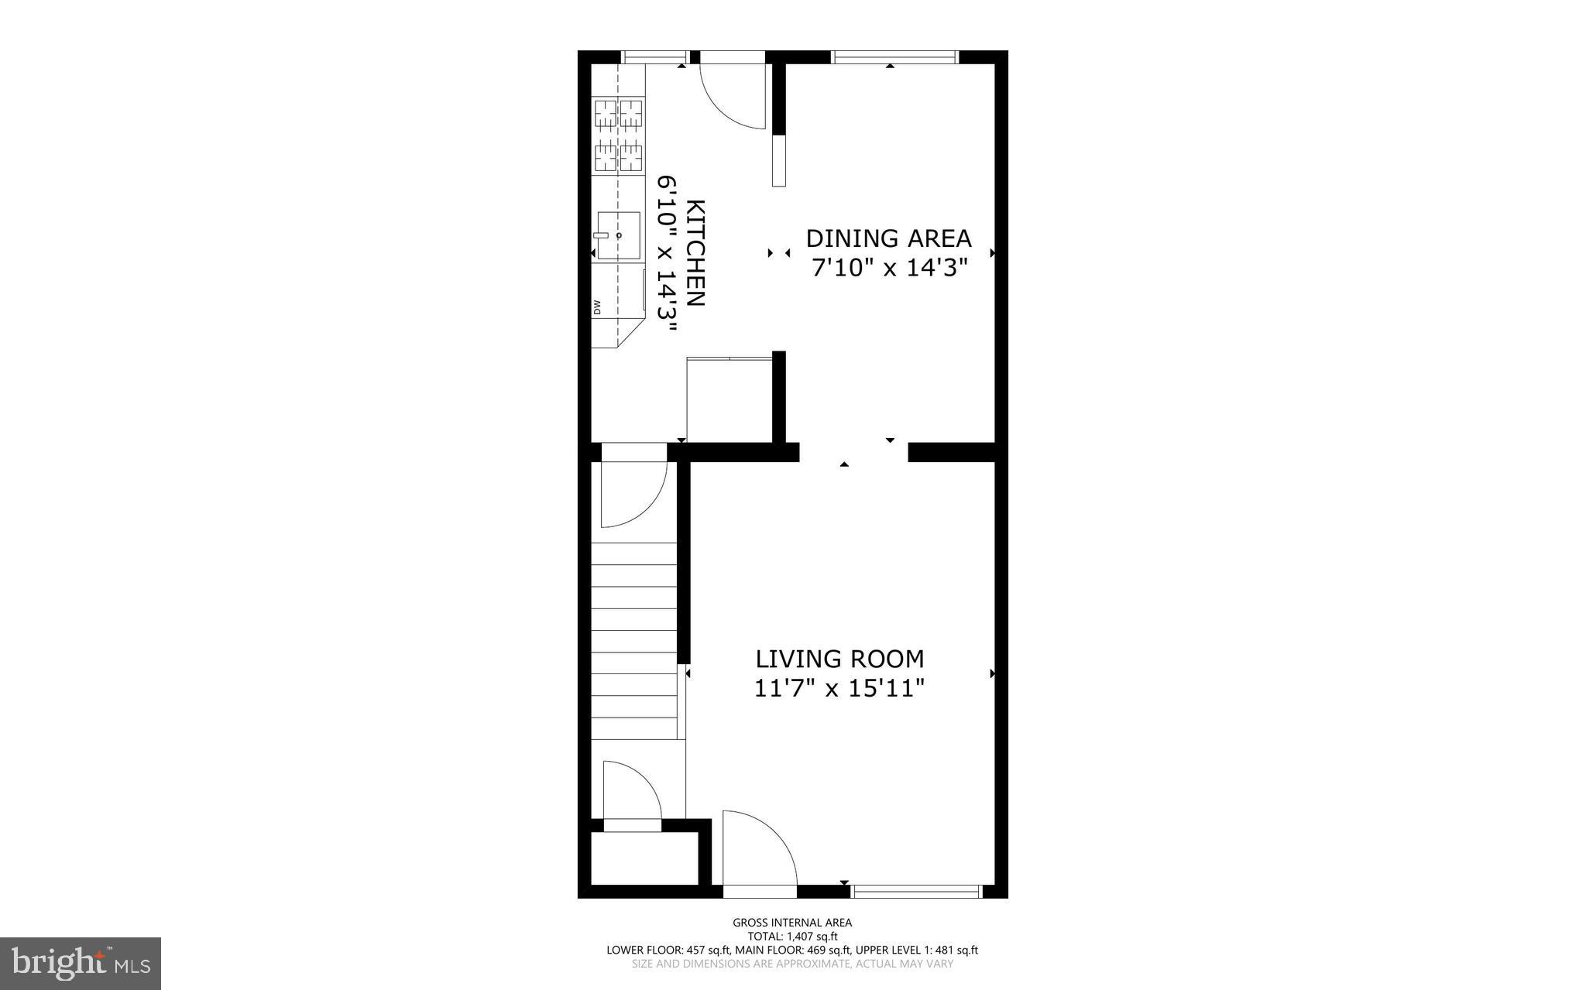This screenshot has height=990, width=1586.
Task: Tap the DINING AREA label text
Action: click(x=888, y=238)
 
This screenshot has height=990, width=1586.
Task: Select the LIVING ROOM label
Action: click(x=839, y=659)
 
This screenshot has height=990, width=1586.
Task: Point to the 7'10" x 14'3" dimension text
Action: click(x=890, y=268)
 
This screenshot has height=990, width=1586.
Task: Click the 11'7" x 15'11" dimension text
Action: click(x=839, y=687)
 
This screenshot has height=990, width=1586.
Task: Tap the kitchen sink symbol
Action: click(x=619, y=235)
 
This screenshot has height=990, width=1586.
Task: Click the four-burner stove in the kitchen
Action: click(x=619, y=135)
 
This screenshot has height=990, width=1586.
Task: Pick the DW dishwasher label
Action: click(x=597, y=307)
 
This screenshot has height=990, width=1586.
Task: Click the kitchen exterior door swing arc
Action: click(x=731, y=97)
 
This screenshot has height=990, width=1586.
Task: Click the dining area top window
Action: click(x=894, y=57)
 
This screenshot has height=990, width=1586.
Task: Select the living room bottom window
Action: click(x=916, y=892)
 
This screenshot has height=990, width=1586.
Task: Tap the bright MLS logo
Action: click(x=81, y=963)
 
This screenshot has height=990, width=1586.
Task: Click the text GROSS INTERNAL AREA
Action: click(x=792, y=922)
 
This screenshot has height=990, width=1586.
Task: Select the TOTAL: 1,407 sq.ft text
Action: click(x=792, y=936)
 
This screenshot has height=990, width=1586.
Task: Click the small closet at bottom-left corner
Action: click(x=644, y=858)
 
